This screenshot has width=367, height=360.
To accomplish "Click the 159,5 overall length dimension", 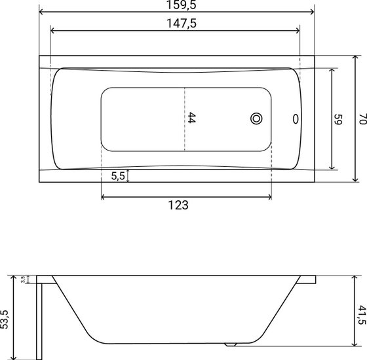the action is [181, 5].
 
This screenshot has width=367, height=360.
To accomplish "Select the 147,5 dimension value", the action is [182, 24].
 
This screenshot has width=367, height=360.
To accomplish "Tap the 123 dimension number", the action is [178, 205].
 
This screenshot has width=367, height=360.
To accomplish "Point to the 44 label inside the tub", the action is [191, 118].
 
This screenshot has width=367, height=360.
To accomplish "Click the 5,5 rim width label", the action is [118, 176].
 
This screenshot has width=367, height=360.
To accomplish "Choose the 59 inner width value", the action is [338, 119].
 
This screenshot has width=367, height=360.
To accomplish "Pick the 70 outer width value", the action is [362, 119].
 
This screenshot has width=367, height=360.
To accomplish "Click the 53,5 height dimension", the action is [4, 319].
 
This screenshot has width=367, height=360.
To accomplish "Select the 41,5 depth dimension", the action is [362, 315].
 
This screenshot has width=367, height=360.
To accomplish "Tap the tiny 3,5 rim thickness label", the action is [23, 279].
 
